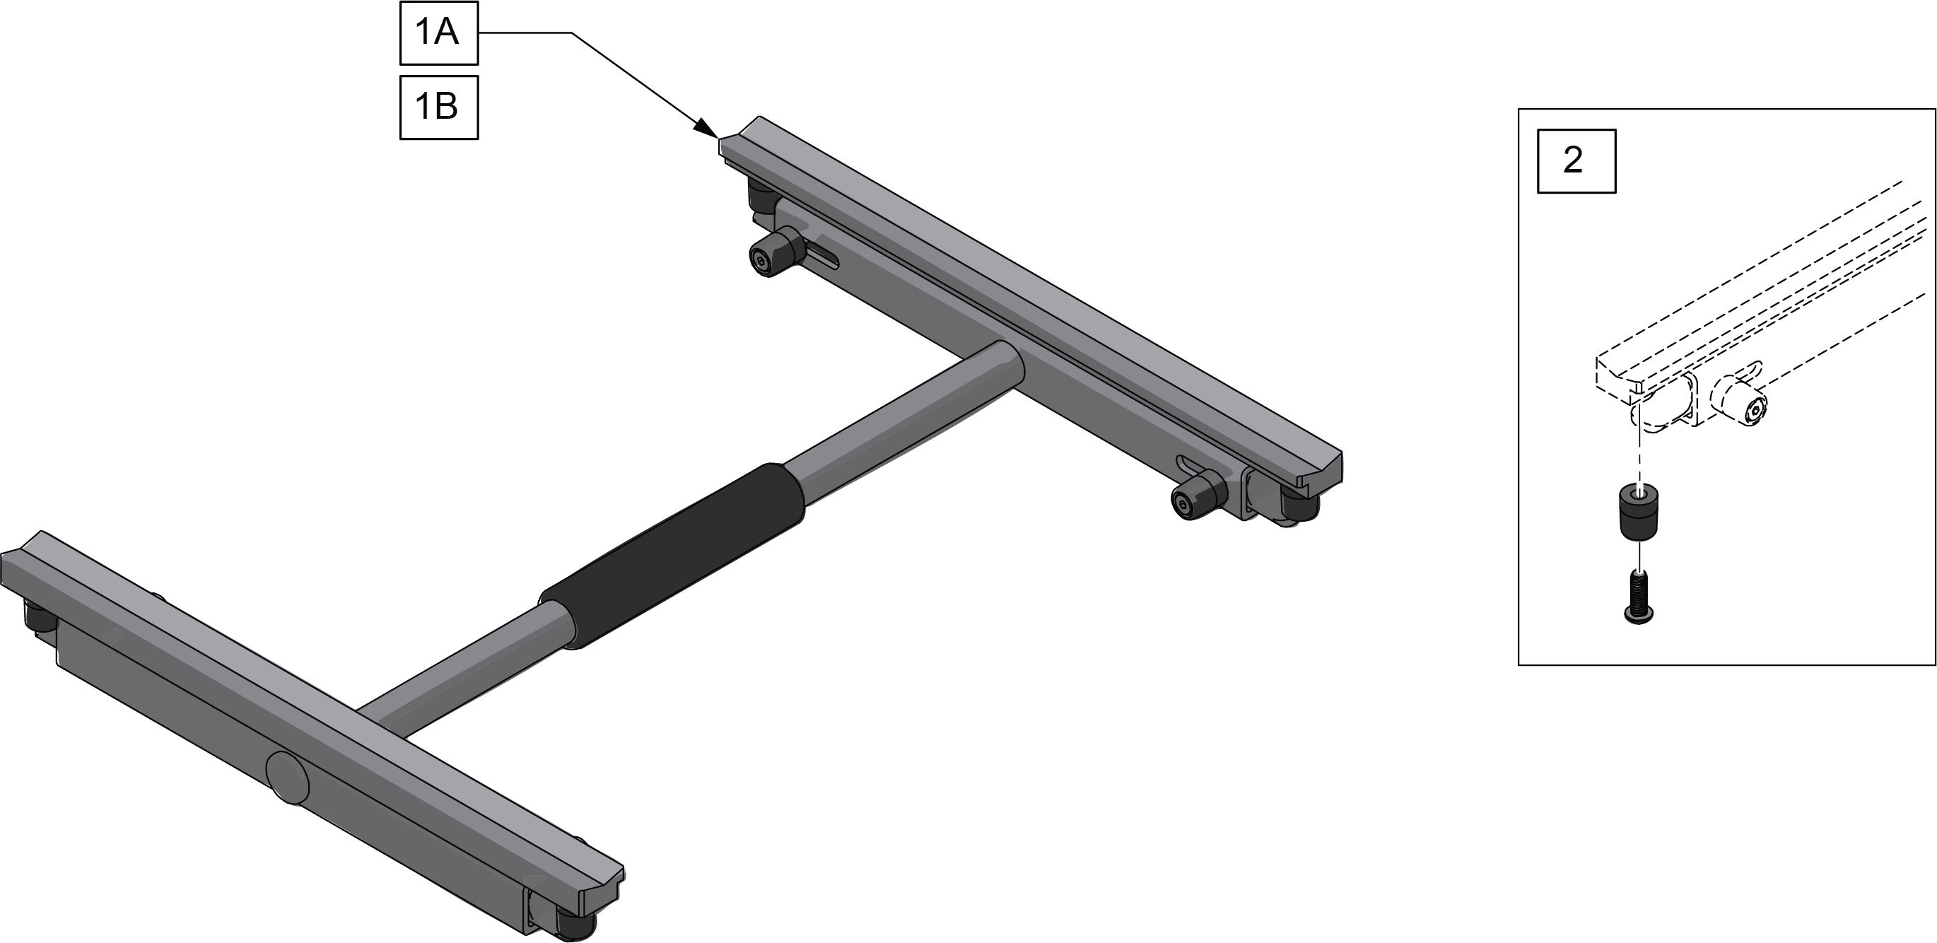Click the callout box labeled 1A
point(438,33)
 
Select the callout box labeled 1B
point(438,107)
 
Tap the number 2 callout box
point(1576,161)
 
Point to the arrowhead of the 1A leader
point(707,129)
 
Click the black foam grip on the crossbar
point(672,555)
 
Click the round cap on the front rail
point(287,777)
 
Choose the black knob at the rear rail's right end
point(1200,496)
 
